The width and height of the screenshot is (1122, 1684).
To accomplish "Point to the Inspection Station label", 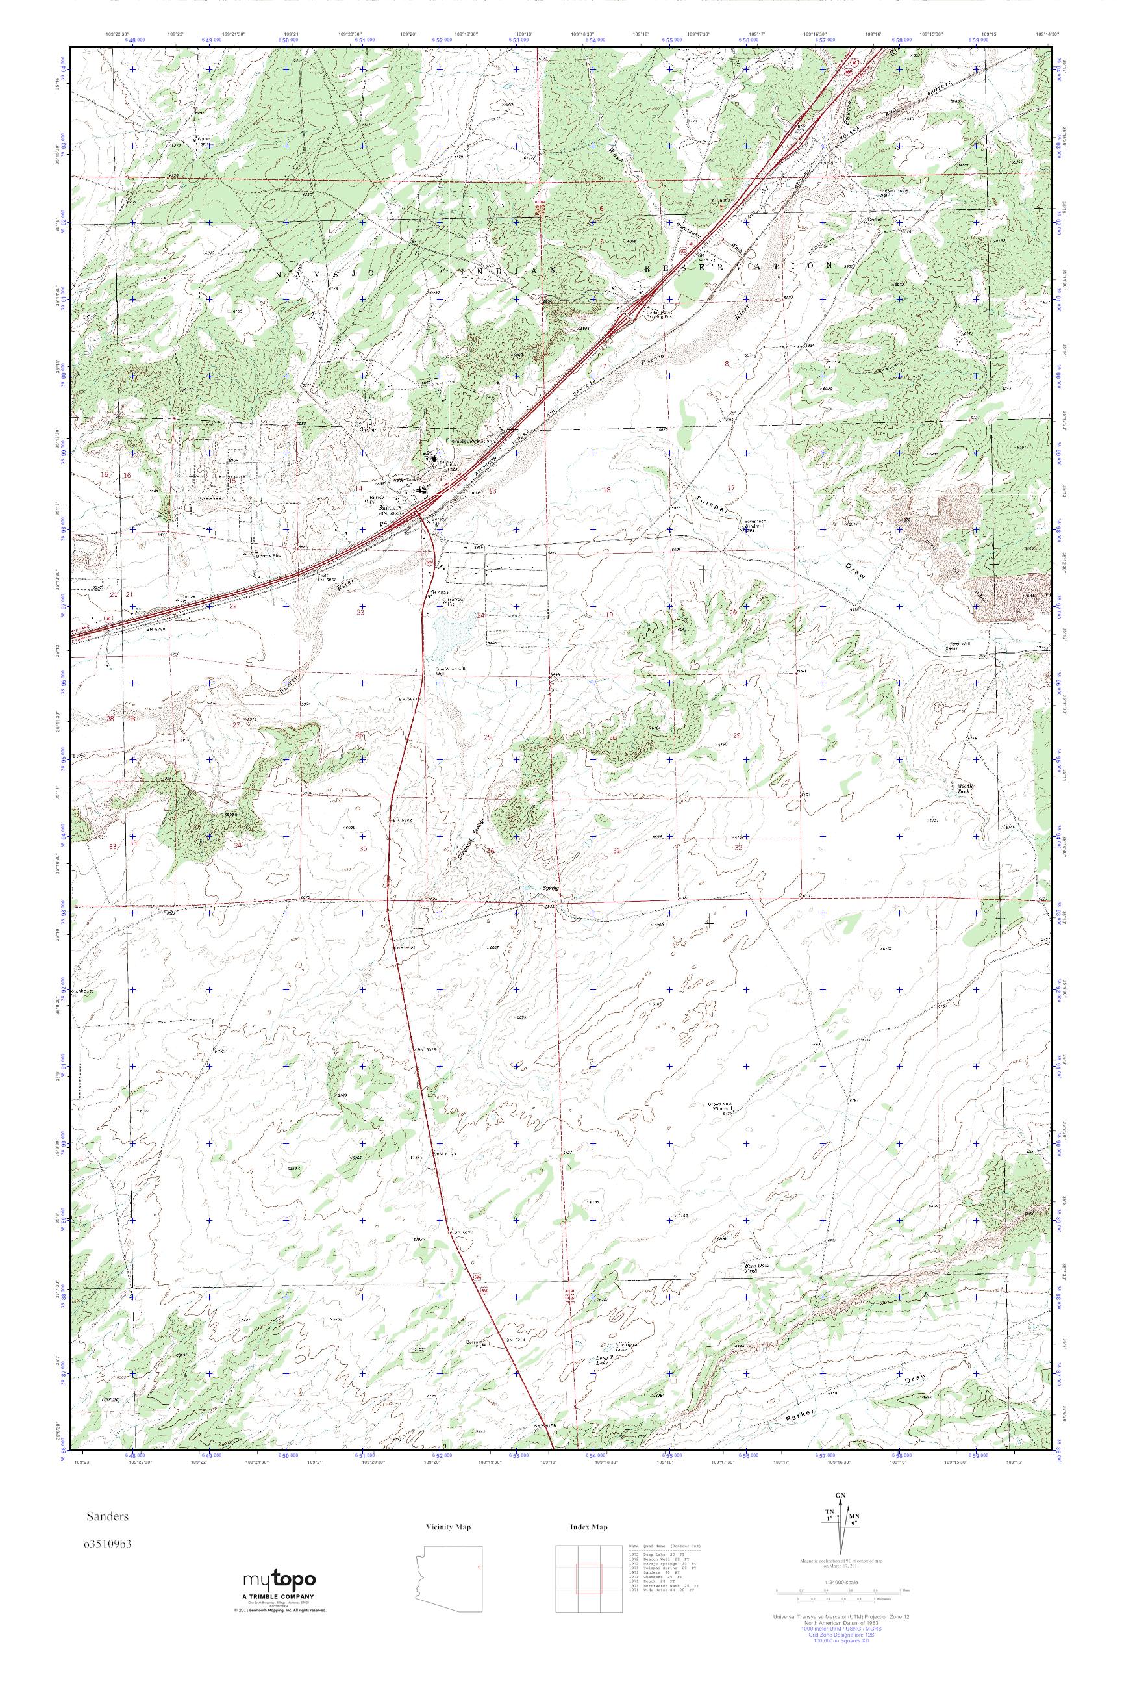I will [473, 442].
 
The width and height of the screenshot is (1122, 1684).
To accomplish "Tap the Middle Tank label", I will [967, 789].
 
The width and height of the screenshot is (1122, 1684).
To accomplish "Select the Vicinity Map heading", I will [448, 1527].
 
